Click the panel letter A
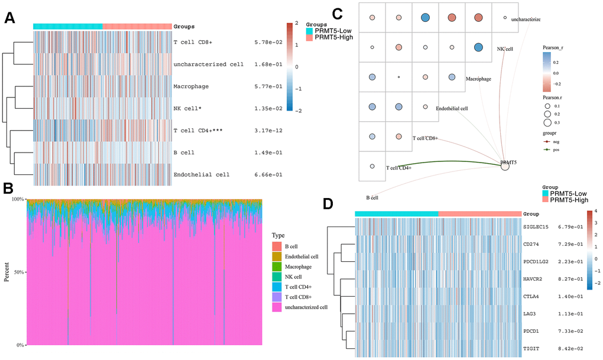9,18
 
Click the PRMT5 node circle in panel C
505,166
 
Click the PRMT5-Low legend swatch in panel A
310,29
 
